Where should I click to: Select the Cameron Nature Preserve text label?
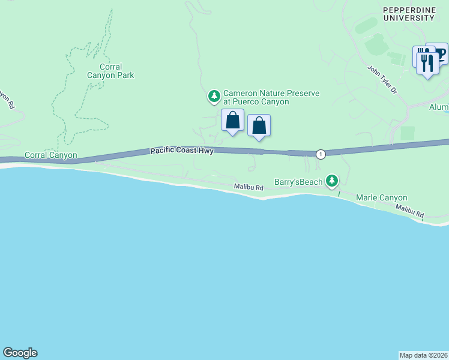pos(271,97)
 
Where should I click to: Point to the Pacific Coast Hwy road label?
pos(182,151)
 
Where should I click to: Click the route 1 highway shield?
pos(321,154)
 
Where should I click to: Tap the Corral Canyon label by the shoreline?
pos(50,155)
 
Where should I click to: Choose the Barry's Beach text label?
pos(298,181)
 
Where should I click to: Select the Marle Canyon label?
pos(382,197)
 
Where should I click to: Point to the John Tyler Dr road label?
pos(382,79)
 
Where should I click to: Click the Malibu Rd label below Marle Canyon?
pos(409,211)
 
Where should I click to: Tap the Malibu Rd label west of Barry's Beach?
pos(249,188)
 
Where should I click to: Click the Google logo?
pos(20,353)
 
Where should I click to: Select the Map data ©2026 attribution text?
pos(424,355)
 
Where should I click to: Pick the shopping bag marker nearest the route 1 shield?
pos(259,126)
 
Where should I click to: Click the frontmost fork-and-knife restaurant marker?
pos(427,63)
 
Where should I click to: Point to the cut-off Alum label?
pos(439,107)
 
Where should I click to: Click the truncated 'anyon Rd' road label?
pos(6,99)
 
